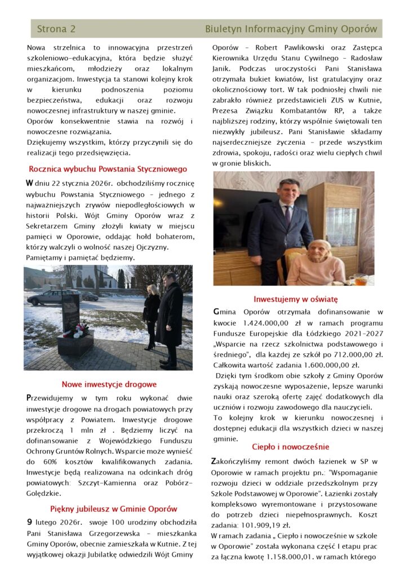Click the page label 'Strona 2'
click(x=56, y=29)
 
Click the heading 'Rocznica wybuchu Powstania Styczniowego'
click(x=108, y=168)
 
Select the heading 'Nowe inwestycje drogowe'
click(x=109, y=384)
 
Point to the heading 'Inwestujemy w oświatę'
click(x=295, y=299)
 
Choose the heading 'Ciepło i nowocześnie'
click(x=290, y=447)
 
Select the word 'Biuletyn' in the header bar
click(x=224, y=29)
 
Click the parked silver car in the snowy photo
click(x=52, y=296)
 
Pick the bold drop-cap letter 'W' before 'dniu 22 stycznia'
click(x=29, y=183)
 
